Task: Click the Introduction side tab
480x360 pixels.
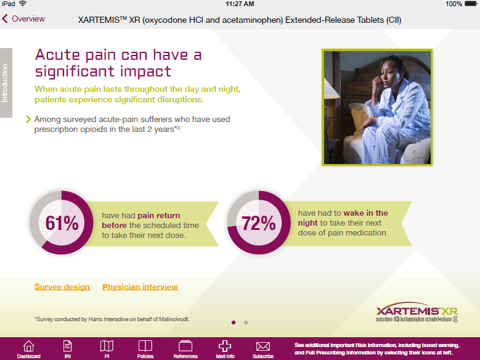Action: [6, 83]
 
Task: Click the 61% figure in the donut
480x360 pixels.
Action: [62, 223]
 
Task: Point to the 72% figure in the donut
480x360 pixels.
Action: [258, 223]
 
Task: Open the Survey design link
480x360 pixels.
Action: [62, 287]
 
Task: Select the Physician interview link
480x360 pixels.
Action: [140, 287]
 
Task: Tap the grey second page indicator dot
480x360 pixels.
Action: [246, 322]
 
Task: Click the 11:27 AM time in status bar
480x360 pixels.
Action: [240, 4]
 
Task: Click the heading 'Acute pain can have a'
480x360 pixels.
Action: [118, 55]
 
